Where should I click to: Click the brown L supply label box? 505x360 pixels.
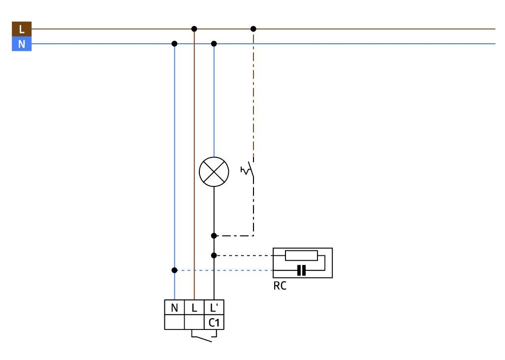[x=22, y=29]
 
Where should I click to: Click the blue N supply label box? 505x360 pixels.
[x=22, y=44]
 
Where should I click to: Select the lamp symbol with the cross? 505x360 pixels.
[x=214, y=172]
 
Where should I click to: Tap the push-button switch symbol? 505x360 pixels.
[x=248, y=170]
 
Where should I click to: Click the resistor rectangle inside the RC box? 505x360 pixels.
[x=301, y=255]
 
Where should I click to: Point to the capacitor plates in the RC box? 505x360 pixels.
[x=301, y=270]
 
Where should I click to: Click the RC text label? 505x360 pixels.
[x=280, y=286]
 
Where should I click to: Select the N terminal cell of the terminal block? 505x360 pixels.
[x=174, y=307]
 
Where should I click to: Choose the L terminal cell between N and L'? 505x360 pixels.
[x=194, y=307]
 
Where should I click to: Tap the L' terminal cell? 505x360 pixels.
[x=214, y=307]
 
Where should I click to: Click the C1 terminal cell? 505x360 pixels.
[x=214, y=322]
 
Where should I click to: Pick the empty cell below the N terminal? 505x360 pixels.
[x=174, y=322]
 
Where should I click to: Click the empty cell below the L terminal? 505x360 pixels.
[x=194, y=322]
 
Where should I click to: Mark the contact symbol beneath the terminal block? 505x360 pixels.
[x=204, y=336]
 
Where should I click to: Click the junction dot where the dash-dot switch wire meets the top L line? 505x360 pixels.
[x=253, y=29]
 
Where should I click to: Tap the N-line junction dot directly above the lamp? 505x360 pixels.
[x=214, y=44]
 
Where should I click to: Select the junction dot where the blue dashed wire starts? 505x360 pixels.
[x=174, y=270]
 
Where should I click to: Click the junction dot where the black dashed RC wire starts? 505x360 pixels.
[x=214, y=255]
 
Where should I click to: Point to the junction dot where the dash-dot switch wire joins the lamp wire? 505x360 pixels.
[x=214, y=236]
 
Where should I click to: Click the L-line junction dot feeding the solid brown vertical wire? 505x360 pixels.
[x=194, y=29]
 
